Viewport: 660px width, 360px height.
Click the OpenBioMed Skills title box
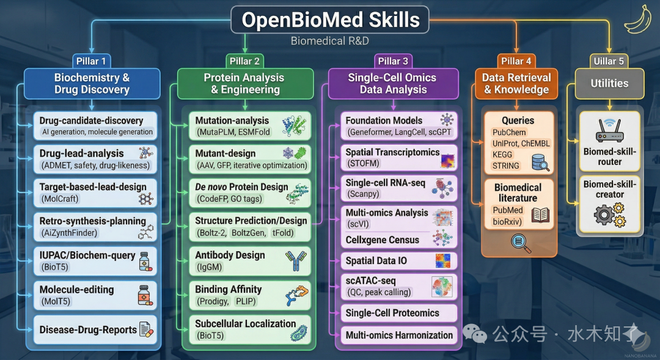point(330,20)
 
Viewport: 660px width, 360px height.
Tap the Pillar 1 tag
point(91,61)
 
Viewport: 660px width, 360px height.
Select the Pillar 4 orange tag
point(516,61)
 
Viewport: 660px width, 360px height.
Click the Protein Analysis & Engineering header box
point(244,84)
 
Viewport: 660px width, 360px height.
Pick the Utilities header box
point(609,84)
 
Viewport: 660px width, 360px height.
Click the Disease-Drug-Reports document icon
point(146,330)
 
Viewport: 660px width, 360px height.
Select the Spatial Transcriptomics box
point(398,158)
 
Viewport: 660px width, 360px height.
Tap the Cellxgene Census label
point(383,240)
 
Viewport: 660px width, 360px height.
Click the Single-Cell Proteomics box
point(398,313)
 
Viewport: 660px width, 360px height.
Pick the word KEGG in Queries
point(502,155)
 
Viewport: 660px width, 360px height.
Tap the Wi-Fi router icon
point(609,131)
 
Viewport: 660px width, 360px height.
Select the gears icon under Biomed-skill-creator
point(609,215)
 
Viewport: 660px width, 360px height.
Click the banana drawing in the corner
point(637,18)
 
